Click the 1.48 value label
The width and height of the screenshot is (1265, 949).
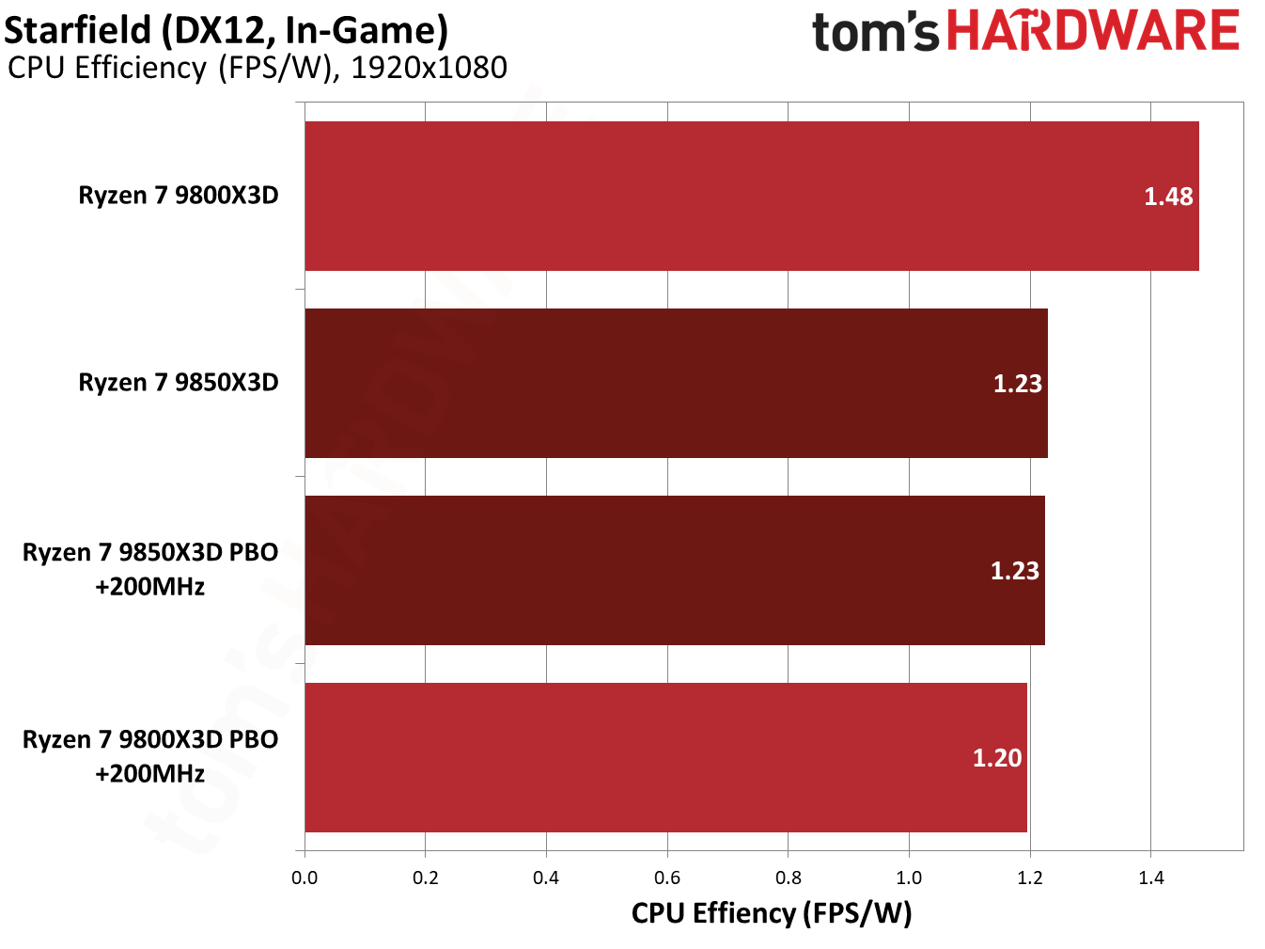[x=1168, y=197]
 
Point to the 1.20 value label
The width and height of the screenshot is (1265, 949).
[x=996, y=758]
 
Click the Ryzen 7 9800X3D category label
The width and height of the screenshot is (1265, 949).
[x=179, y=196]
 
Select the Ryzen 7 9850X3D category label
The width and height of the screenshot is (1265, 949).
[x=179, y=383]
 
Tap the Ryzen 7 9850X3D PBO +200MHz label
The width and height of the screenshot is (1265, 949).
[x=150, y=569]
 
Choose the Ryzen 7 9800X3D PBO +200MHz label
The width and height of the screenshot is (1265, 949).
[x=150, y=756]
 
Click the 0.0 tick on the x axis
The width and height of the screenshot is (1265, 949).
[x=305, y=878]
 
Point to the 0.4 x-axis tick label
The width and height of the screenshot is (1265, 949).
[x=546, y=878]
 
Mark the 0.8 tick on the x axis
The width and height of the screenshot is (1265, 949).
[x=789, y=878]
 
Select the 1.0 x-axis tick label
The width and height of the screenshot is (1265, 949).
[x=909, y=878]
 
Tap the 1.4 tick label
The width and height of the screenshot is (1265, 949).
[x=1150, y=878]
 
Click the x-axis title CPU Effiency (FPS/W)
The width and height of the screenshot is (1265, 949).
[x=772, y=913]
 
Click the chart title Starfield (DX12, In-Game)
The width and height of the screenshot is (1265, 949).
[x=226, y=30]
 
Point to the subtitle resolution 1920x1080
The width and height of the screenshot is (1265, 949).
[x=429, y=68]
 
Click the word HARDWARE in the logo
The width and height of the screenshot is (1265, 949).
[x=1093, y=31]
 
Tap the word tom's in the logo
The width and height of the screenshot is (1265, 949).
[x=875, y=33]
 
